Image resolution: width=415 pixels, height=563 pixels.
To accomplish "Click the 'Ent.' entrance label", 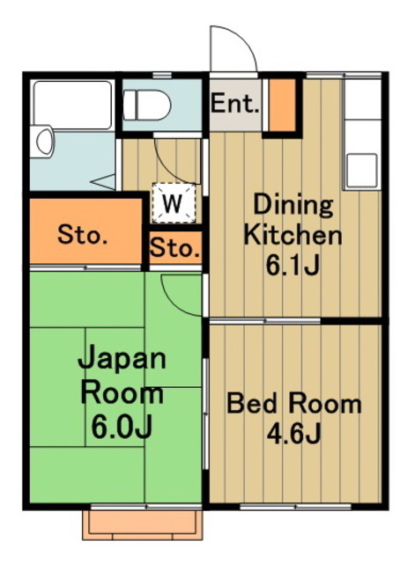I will pyautogui.click(x=235, y=105).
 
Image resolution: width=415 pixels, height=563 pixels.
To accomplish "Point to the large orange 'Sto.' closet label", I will pyautogui.click(x=83, y=235).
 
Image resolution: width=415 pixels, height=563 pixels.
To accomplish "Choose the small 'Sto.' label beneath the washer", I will pyautogui.click(x=174, y=249).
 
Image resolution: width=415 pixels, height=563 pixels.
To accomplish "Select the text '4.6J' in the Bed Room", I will pyautogui.click(x=293, y=434).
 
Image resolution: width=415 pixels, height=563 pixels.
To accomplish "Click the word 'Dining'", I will pyautogui.click(x=293, y=206).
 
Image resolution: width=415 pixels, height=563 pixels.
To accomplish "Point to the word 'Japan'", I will pyautogui.click(x=122, y=360).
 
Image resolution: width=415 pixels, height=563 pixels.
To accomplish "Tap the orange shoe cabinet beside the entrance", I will pyautogui.click(x=281, y=105).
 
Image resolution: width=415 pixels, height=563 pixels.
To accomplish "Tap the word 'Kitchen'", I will pyautogui.click(x=293, y=235).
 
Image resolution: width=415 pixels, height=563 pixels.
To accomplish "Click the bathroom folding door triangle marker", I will pyautogui.click(x=104, y=184).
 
